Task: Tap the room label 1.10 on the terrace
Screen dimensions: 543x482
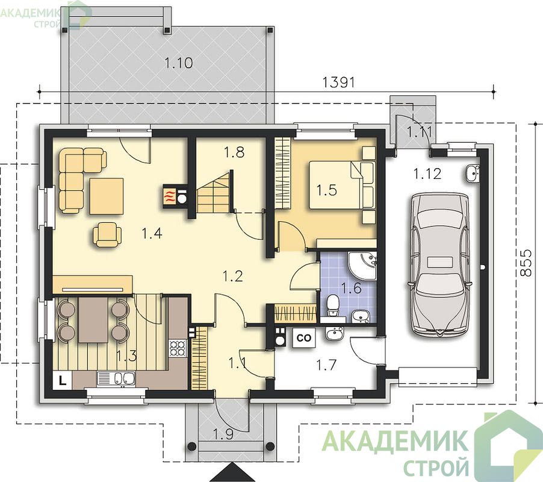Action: (x=179, y=63)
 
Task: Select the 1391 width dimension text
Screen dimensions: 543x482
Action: (x=339, y=83)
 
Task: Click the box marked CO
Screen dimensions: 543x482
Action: (x=304, y=337)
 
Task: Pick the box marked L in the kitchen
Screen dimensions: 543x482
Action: (x=63, y=380)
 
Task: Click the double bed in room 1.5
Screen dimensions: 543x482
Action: (x=342, y=185)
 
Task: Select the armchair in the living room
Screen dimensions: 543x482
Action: (x=107, y=234)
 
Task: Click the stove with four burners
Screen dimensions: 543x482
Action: (x=178, y=348)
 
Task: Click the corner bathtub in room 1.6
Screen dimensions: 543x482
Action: (x=362, y=266)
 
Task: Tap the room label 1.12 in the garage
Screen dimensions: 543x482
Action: (x=427, y=174)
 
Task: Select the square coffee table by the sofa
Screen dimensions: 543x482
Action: (x=107, y=196)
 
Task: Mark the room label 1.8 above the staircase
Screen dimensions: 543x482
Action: (x=234, y=152)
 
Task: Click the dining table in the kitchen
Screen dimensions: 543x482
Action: (x=93, y=320)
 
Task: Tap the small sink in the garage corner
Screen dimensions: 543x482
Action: (x=472, y=174)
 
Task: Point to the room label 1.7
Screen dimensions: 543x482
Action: (x=326, y=365)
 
